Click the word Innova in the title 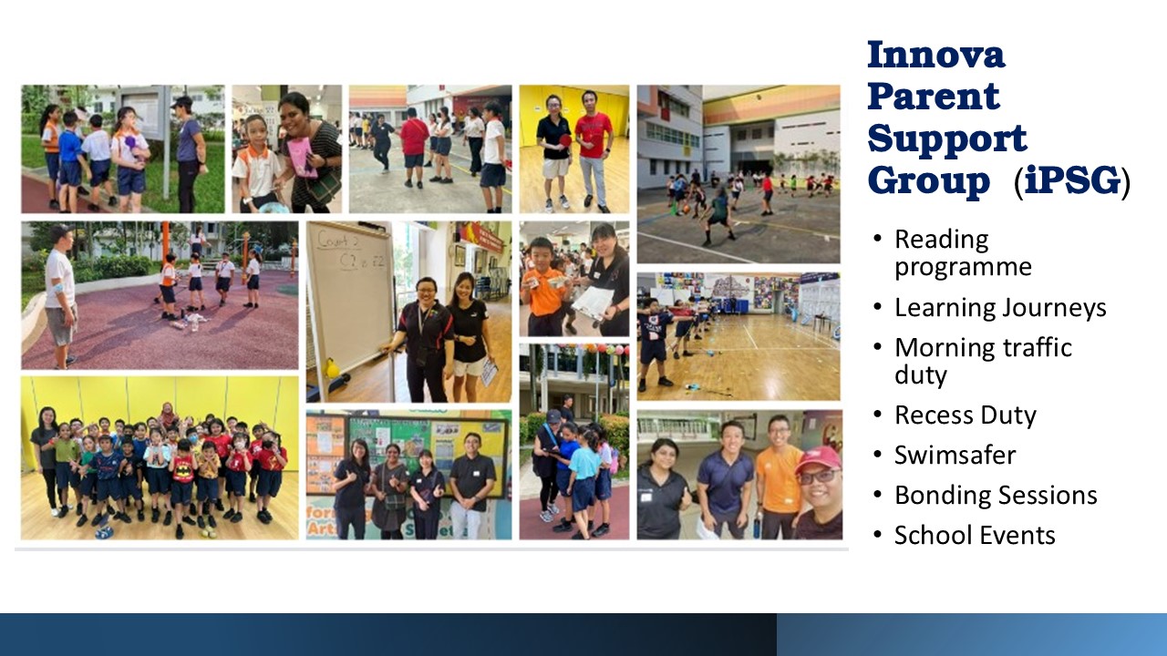click(935, 55)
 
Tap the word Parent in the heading click(933, 97)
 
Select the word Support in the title click(946, 140)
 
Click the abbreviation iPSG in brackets click(1071, 180)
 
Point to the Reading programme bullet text click(963, 253)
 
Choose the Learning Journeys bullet click(1000, 308)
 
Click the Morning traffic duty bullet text click(983, 362)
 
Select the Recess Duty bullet click(966, 415)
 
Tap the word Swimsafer click(955, 455)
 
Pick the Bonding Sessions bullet click(996, 495)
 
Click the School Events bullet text click(975, 535)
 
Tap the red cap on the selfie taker click(819, 458)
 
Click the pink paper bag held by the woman click(303, 157)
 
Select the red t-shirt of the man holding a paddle click(594, 134)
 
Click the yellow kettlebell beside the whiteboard click(332, 368)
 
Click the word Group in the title click(928, 181)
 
